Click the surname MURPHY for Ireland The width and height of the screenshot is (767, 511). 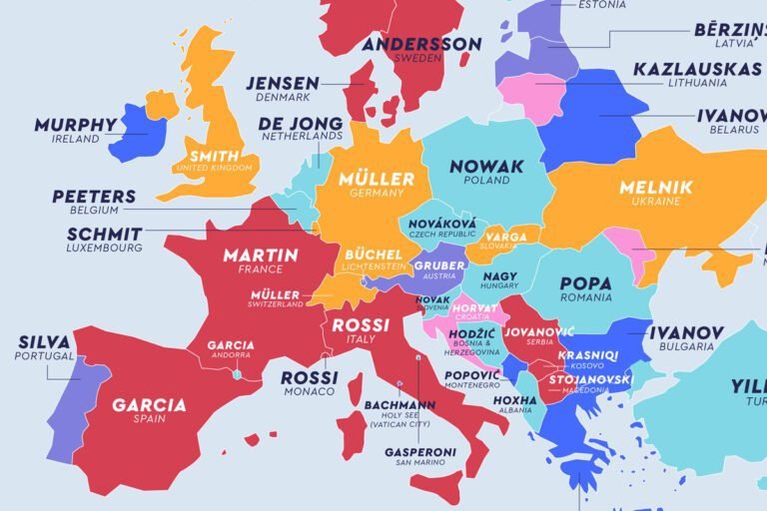coord(76,125)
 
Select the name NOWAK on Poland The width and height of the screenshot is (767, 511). coord(486,166)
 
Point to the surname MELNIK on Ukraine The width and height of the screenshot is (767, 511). coord(649,187)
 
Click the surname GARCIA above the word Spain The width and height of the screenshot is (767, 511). coord(149,405)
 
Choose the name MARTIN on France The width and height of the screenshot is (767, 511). coord(260,255)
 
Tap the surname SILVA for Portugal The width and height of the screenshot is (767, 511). coord(44,342)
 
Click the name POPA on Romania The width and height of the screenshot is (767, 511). coord(586,283)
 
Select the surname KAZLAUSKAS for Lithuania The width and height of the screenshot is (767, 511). coord(697,69)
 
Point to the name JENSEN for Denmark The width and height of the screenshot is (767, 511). coord(283,83)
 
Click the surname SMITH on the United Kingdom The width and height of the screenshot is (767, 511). coord(214,156)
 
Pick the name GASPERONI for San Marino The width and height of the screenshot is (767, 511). coord(420,452)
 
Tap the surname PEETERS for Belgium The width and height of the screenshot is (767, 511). coord(94,196)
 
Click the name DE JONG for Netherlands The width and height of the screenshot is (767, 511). coord(301,124)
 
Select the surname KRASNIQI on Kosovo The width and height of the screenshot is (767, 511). coord(588,355)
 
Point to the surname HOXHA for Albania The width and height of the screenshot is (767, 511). coord(515,400)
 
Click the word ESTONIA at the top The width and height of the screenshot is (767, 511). coord(602,5)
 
